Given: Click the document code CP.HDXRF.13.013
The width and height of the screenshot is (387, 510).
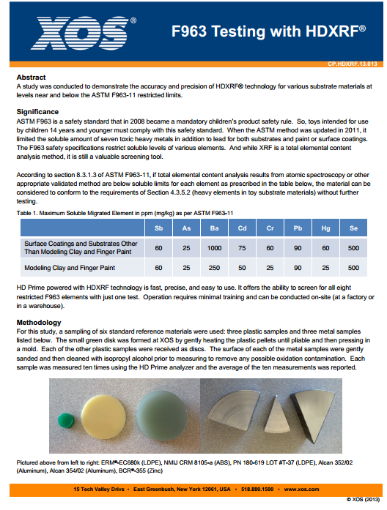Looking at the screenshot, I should click(352, 65).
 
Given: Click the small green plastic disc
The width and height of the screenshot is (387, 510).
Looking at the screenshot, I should click(64, 421).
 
